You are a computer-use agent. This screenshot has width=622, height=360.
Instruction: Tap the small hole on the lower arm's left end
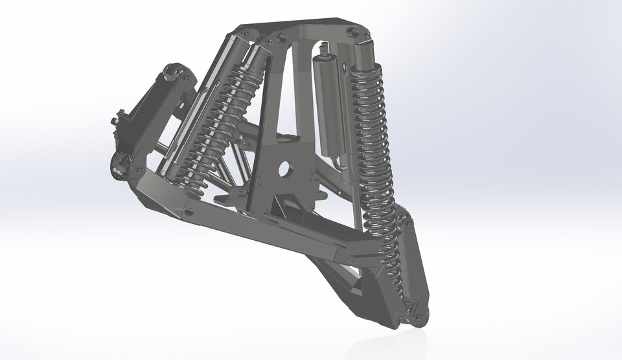pyautogui.click(x=189, y=212)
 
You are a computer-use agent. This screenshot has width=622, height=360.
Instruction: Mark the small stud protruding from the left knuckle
pyautogui.click(x=117, y=117)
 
